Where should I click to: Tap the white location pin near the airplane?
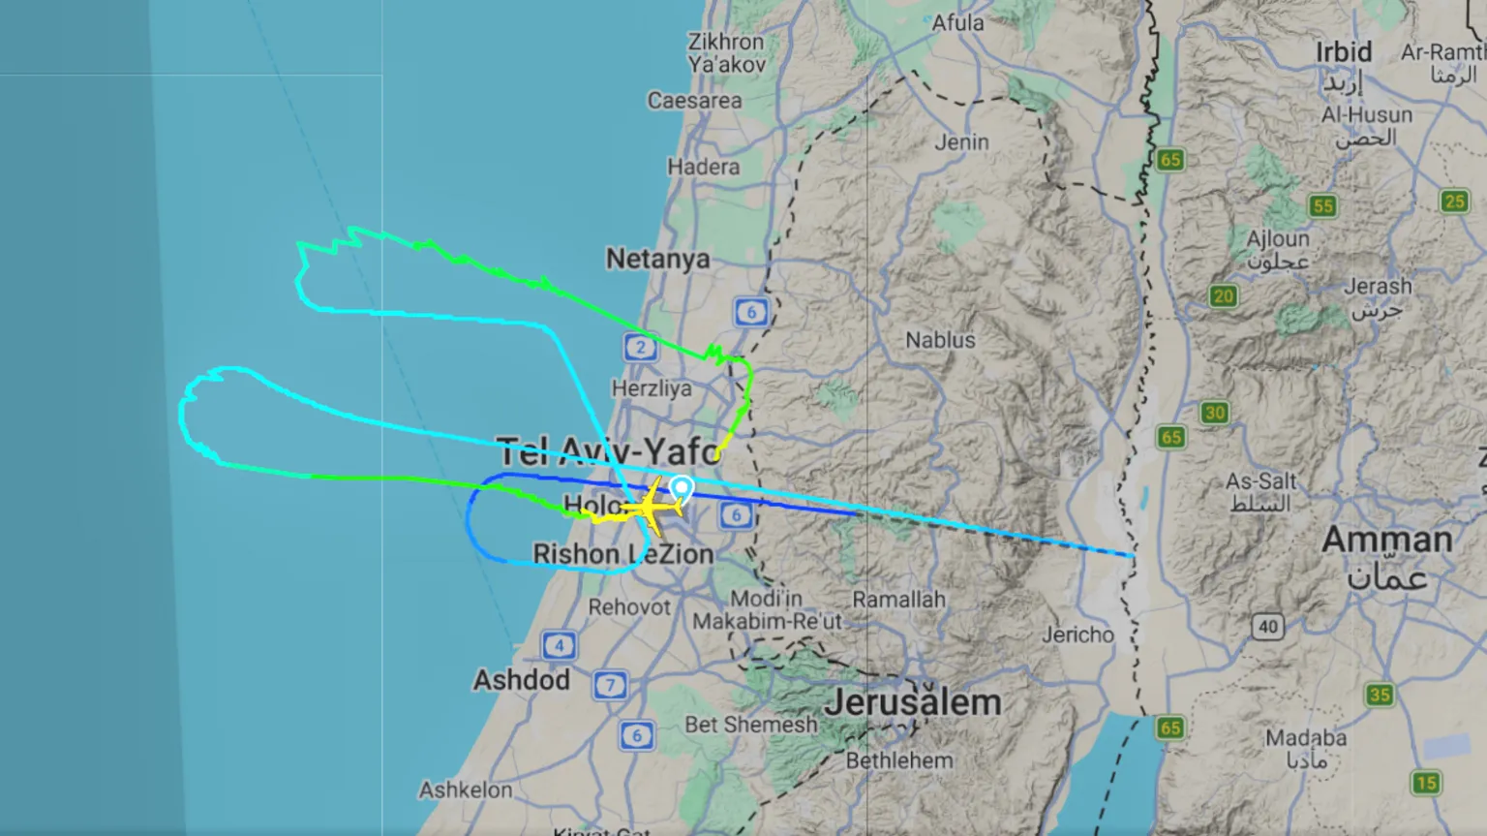point(682,487)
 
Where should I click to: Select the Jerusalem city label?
point(912,702)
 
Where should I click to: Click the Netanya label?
point(657,259)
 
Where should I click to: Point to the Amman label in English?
point(1386,540)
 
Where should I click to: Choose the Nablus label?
point(940,340)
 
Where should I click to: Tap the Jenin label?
point(961,141)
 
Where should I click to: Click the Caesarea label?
point(694,101)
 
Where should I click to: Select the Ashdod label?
point(521,680)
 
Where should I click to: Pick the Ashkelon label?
point(466,790)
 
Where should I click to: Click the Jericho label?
point(1077,635)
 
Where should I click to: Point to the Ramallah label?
point(898,600)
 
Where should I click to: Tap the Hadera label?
point(703,167)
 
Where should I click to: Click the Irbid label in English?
point(1343,51)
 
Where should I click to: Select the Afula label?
point(956,22)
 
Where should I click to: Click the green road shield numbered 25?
point(1454,201)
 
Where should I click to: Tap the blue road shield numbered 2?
point(640,346)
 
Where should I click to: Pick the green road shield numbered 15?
point(1425,782)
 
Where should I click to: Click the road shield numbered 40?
point(1268,627)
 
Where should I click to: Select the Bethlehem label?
point(898,760)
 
